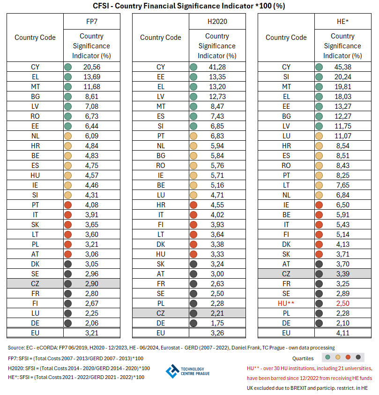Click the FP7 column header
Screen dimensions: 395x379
point(91,22)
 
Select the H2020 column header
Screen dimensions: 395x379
point(217,22)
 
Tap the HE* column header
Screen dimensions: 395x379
point(342,22)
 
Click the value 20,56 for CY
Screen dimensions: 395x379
point(91,67)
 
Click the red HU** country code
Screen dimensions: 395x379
point(286,304)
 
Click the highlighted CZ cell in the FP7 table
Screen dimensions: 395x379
point(35,284)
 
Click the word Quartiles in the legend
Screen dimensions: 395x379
point(303,358)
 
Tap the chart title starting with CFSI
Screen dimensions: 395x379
point(189,6)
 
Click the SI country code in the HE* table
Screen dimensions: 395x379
point(286,77)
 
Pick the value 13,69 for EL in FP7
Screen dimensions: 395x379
point(91,77)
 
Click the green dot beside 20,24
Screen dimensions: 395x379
point(320,77)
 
